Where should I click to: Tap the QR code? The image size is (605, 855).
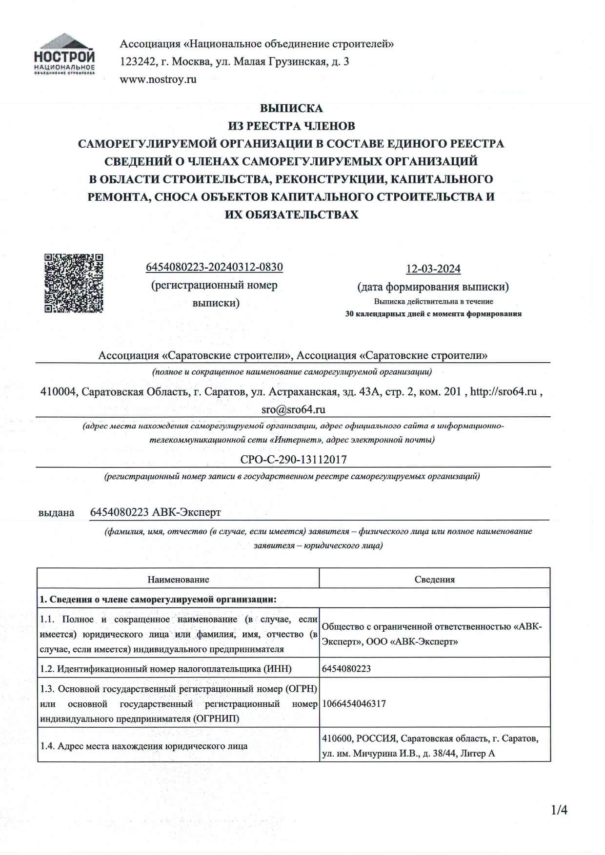coord(74,283)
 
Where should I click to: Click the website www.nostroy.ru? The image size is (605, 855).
coord(158,79)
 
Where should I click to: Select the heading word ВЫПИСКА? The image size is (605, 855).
coord(291,108)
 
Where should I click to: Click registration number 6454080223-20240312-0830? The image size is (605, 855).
coord(214,267)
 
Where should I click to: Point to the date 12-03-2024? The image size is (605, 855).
coord(433,269)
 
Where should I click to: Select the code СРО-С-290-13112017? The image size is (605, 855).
coord(293,459)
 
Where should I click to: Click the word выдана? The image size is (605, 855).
coord(56,513)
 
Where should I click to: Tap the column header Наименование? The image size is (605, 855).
coord(178,580)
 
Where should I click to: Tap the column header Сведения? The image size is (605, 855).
coord(434,580)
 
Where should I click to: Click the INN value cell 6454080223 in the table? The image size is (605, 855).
coord(346,669)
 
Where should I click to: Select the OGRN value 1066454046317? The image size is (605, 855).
coord(354,703)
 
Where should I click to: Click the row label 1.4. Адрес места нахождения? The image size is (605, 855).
coord(143,746)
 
